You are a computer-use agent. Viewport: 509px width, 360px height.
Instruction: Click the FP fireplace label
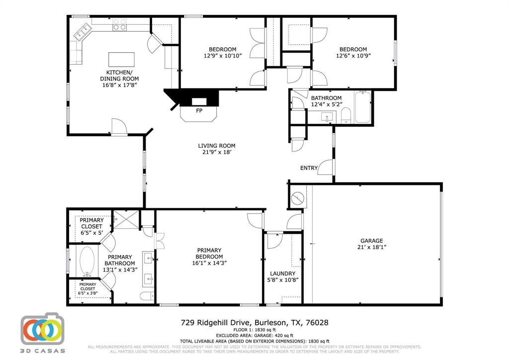pyautogui.click(x=199, y=110)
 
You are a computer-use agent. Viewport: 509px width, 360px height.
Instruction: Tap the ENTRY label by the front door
pyautogui.click(x=309, y=168)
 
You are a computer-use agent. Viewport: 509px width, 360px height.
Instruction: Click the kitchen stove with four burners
pyautogui.click(x=119, y=24)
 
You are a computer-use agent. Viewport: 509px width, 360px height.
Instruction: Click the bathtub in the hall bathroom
pyautogui.click(x=362, y=106)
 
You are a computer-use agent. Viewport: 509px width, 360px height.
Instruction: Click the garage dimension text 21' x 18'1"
pyautogui.click(x=372, y=247)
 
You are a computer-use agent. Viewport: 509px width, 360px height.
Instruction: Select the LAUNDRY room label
pyautogui.click(x=282, y=273)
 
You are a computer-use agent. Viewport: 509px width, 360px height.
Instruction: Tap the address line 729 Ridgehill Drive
pyautogui.click(x=254, y=323)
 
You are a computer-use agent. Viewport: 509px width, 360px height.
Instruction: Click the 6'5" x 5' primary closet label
pyautogui.click(x=91, y=226)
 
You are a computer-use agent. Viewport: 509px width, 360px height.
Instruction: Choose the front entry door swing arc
pyautogui.click(x=325, y=167)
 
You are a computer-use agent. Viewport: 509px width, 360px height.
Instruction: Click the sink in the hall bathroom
pyautogui.click(x=328, y=118)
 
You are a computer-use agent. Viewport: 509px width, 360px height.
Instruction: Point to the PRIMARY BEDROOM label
pyautogui.click(x=209, y=254)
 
